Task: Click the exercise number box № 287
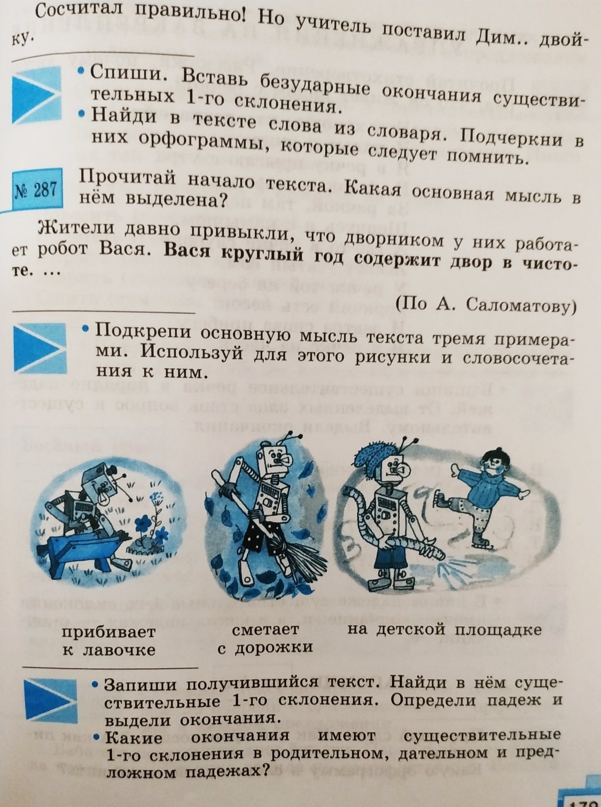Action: point(37,190)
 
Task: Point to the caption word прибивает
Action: point(108,632)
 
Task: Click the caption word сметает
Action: point(265,630)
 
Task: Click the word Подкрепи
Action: point(143,332)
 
